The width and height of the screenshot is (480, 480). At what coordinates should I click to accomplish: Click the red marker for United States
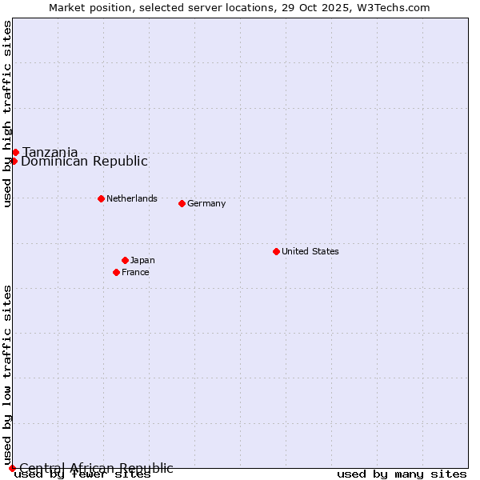[x=276, y=251]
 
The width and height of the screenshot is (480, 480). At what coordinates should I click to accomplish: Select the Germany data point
[x=182, y=203]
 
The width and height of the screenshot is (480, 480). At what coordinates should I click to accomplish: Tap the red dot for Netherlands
[x=101, y=198]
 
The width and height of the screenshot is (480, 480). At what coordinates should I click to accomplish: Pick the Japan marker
[x=125, y=260]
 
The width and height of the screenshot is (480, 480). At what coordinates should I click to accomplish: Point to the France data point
[x=116, y=272]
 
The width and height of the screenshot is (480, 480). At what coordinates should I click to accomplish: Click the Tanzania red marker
[x=15, y=152]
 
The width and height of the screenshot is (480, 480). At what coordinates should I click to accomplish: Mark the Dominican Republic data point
[x=14, y=161]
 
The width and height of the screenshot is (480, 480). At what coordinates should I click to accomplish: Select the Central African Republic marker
[x=12, y=468]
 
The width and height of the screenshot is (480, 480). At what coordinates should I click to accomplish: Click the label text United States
[x=310, y=251]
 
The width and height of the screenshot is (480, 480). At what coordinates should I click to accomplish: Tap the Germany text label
[x=206, y=203]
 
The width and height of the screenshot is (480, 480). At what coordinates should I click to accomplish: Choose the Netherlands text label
[x=132, y=198]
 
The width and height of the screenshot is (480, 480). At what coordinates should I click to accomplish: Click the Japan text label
[x=142, y=260]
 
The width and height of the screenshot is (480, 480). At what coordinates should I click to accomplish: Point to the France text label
[x=135, y=272]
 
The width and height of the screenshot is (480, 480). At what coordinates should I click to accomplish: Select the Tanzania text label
[x=50, y=152]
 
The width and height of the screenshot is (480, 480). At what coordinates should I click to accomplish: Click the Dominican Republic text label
[x=84, y=161]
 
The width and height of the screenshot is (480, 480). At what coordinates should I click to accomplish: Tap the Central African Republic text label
[x=96, y=468]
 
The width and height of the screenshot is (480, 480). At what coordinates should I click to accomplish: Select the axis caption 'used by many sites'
[x=402, y=474]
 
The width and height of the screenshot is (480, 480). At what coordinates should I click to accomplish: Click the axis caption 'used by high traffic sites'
[x=8, y=114]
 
